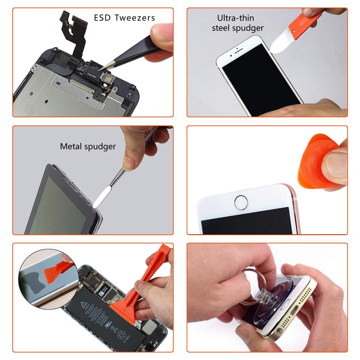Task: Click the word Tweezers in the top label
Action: (135, 18)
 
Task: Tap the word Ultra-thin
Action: (235, 18)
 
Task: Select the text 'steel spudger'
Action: (238, 28)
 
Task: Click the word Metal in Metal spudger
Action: (71, 146)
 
